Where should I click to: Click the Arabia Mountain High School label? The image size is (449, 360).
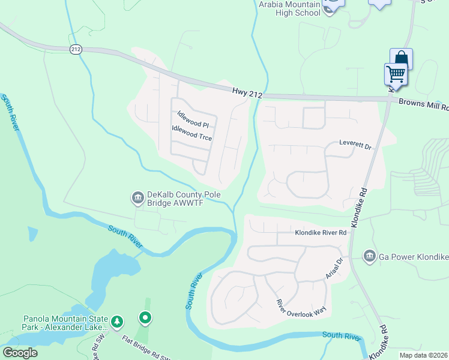(289, 8)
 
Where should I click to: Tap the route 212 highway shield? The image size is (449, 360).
(76, 49)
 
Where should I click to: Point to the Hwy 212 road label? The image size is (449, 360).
(247, 91)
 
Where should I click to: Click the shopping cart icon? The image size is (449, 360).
(396, 74)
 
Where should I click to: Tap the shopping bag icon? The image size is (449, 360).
(401, 59)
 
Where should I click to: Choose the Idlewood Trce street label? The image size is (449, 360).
(191, 133)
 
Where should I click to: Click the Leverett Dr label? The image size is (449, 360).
(356, 145)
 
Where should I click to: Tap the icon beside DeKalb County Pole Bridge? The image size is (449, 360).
(137, 197)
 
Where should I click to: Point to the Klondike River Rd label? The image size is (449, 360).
(321, 232)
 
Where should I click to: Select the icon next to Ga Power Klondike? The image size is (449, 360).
(369, 257)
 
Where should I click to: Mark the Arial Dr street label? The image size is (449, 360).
(334, 268)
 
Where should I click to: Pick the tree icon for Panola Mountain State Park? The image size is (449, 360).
(118, 323)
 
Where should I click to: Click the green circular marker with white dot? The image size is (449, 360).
(144, 317)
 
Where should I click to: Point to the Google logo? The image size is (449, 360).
(20, 353)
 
